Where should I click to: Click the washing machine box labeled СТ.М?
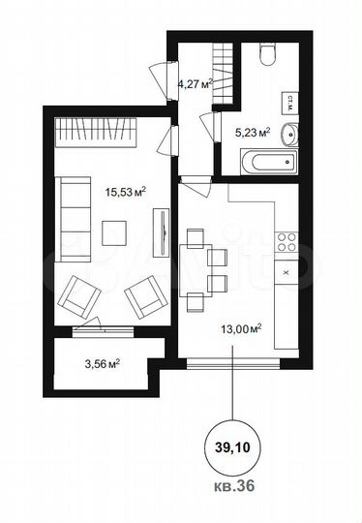coord(289,100)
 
